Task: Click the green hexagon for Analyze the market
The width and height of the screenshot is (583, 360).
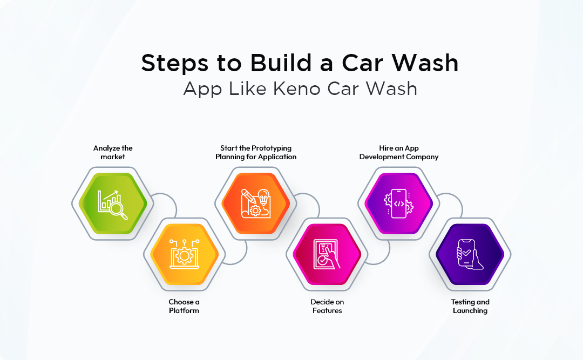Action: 112,203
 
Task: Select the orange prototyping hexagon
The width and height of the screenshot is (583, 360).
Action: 255,203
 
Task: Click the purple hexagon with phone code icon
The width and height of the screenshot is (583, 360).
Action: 398,203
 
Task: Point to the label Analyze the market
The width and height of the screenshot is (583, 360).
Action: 112,152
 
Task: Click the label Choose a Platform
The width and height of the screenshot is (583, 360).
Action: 184,306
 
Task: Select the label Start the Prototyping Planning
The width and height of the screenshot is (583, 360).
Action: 255,152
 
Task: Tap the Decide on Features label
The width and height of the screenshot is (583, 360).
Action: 327,306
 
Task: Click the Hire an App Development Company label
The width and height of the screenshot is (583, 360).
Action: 398,152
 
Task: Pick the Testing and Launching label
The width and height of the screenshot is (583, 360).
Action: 470,306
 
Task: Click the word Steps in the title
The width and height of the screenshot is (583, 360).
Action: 175,64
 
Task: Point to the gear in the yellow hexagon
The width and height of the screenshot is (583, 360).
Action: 183,255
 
